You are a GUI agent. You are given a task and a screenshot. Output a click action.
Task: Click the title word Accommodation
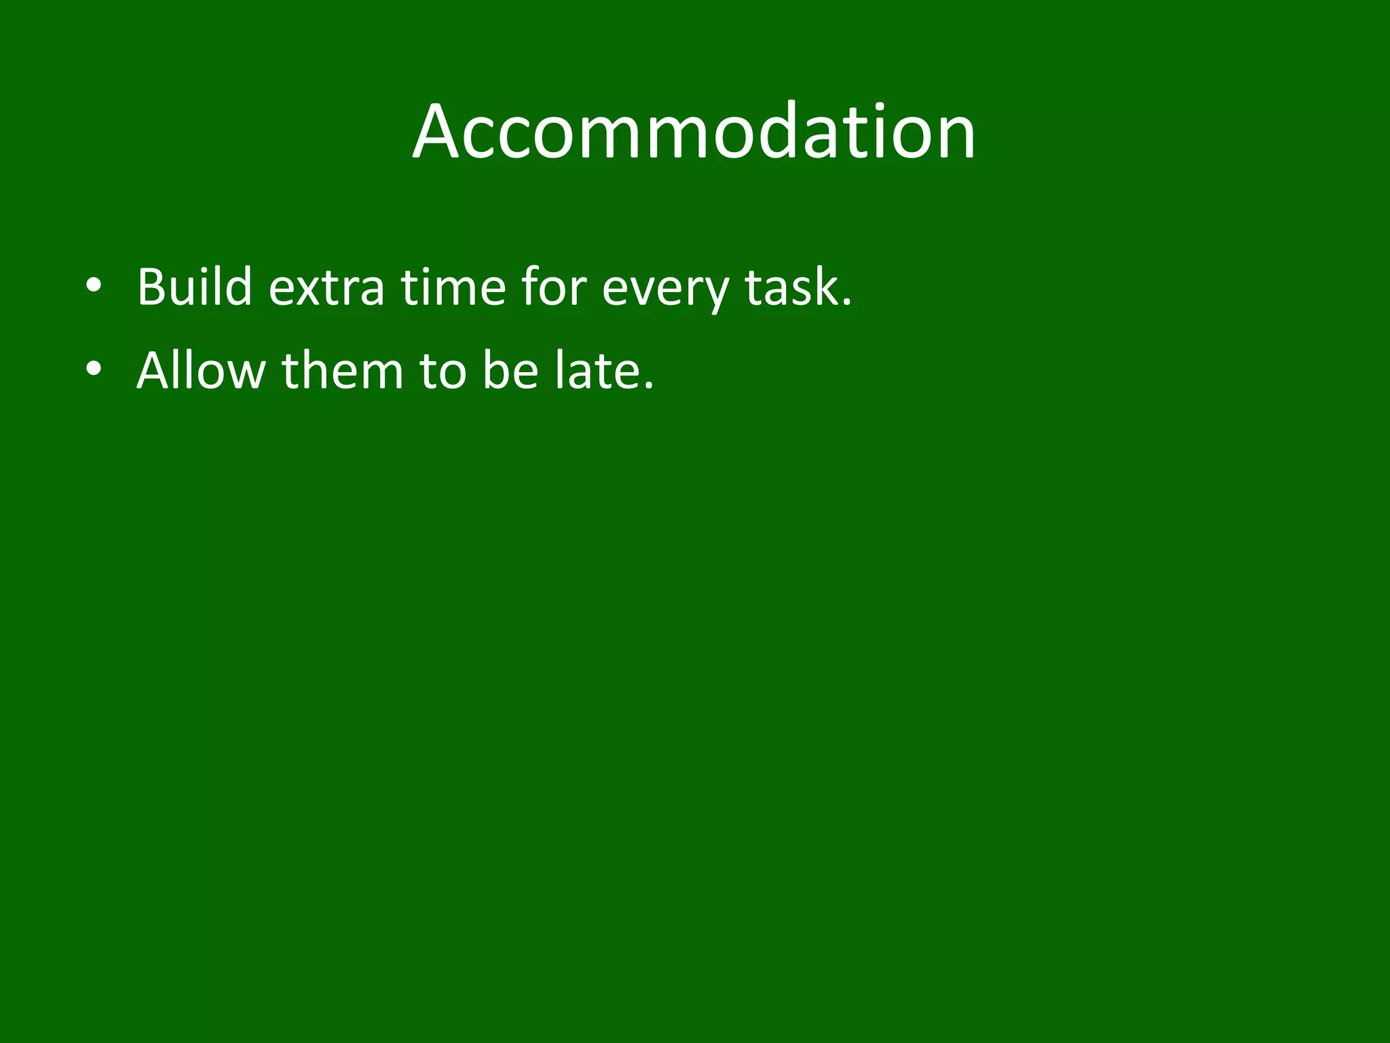[x=694, y=132]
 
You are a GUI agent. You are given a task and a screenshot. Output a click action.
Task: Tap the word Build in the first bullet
[x=195, y=287]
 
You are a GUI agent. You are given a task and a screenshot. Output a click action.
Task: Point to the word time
[x=453, y=287]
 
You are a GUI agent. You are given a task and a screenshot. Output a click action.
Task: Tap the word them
[x=343, y=371]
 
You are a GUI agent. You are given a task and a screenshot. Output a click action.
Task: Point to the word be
[x=510, y=371]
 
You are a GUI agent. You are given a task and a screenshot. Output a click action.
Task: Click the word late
[x=597, y=371]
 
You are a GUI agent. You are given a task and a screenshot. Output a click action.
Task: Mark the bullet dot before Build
[x=94, y=286]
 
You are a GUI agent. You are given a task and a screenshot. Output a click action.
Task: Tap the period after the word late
[x=648, y=387]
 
